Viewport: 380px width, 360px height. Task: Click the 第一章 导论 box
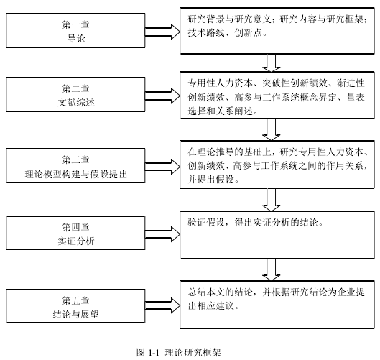[75, 31]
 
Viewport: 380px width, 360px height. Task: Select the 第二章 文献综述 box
[75, 95]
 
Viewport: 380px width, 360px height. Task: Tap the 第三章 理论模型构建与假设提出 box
[75, 165]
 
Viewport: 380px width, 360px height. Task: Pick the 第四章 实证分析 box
[75, 233]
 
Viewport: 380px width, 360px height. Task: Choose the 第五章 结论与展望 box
[75, 306]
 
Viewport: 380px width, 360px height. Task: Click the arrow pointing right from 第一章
[162, 32]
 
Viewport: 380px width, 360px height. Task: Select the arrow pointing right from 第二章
[162, 96]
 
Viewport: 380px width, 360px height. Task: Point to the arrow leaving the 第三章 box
[162, 167]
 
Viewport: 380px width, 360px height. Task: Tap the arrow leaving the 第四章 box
[162, 234]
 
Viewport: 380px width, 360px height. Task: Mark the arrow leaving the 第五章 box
[162, 305]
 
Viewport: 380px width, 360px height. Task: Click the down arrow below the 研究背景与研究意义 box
[272, 63]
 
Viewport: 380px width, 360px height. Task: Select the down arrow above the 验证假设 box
[272, 200]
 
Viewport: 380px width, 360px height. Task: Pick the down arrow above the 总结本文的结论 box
[272, 269]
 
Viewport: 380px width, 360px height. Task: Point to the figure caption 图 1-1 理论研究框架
[179, 352]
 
